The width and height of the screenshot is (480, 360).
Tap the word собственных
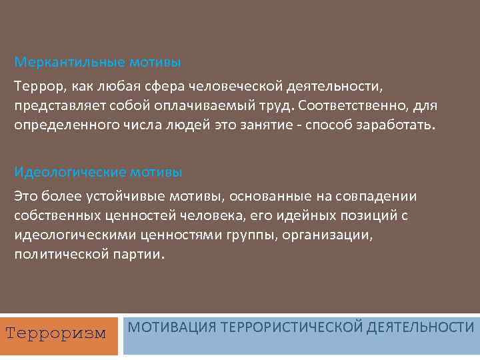tap(54, 216)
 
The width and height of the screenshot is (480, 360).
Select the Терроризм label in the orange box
tap(56, 333)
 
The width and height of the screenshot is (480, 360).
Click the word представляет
tap(55, 107)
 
